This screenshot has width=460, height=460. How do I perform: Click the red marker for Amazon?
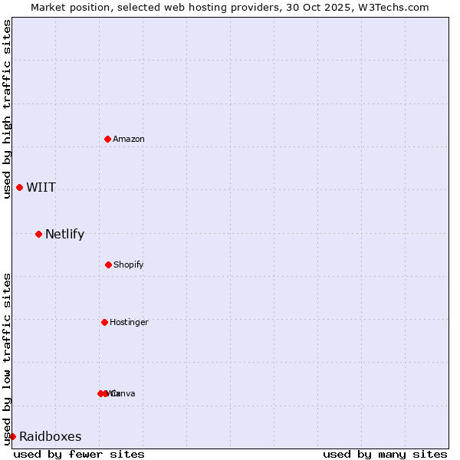point(108,139)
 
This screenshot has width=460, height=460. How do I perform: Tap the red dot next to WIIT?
point(19,187)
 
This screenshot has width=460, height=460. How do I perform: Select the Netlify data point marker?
point(38,234)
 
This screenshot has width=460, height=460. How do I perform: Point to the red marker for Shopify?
point(108,264)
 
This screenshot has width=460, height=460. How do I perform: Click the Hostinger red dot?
point(104,322)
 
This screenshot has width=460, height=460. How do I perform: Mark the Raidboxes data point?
point(12,436)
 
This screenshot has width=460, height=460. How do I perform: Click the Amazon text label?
point(129,139)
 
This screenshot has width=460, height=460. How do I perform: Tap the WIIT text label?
point(41,188)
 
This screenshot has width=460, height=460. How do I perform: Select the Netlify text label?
point(64,235)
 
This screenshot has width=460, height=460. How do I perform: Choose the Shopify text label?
point(129,264)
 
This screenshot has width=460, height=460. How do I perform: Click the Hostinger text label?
point(129,322)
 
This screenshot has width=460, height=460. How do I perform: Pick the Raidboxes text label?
point(51,437)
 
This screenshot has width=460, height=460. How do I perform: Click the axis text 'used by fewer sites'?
point(79,454)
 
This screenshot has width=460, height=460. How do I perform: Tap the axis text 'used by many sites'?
point(385,454)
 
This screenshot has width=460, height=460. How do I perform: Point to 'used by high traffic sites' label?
point(7,109)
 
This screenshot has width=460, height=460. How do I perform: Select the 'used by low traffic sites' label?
point(7,359)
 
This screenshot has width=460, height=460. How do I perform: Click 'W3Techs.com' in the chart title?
point(396,7)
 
